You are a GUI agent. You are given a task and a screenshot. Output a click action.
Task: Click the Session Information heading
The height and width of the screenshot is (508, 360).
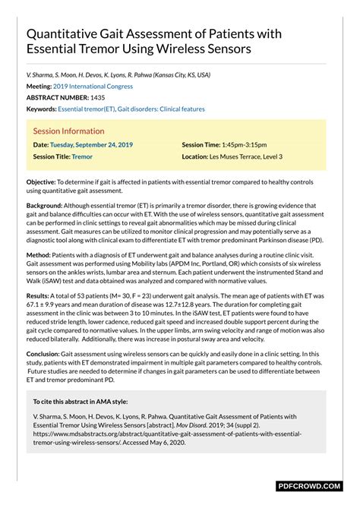point(68,131)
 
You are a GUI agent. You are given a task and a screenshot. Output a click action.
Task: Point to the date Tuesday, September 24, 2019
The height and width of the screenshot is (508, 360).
point(91,144)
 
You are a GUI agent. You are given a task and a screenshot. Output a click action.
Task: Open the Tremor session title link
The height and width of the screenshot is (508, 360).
point(82,156)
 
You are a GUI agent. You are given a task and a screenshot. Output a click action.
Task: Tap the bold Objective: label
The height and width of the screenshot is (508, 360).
point(41,182)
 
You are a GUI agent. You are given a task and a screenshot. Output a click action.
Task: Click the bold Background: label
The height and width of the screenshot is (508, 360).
point(45,206)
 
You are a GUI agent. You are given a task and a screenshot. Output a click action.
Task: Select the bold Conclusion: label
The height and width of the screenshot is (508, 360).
point(45,355)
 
